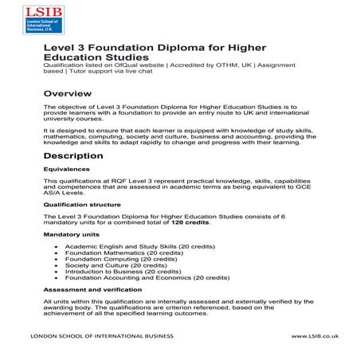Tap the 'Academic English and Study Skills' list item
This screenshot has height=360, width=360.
pyautogui.click(x=123, y=248)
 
